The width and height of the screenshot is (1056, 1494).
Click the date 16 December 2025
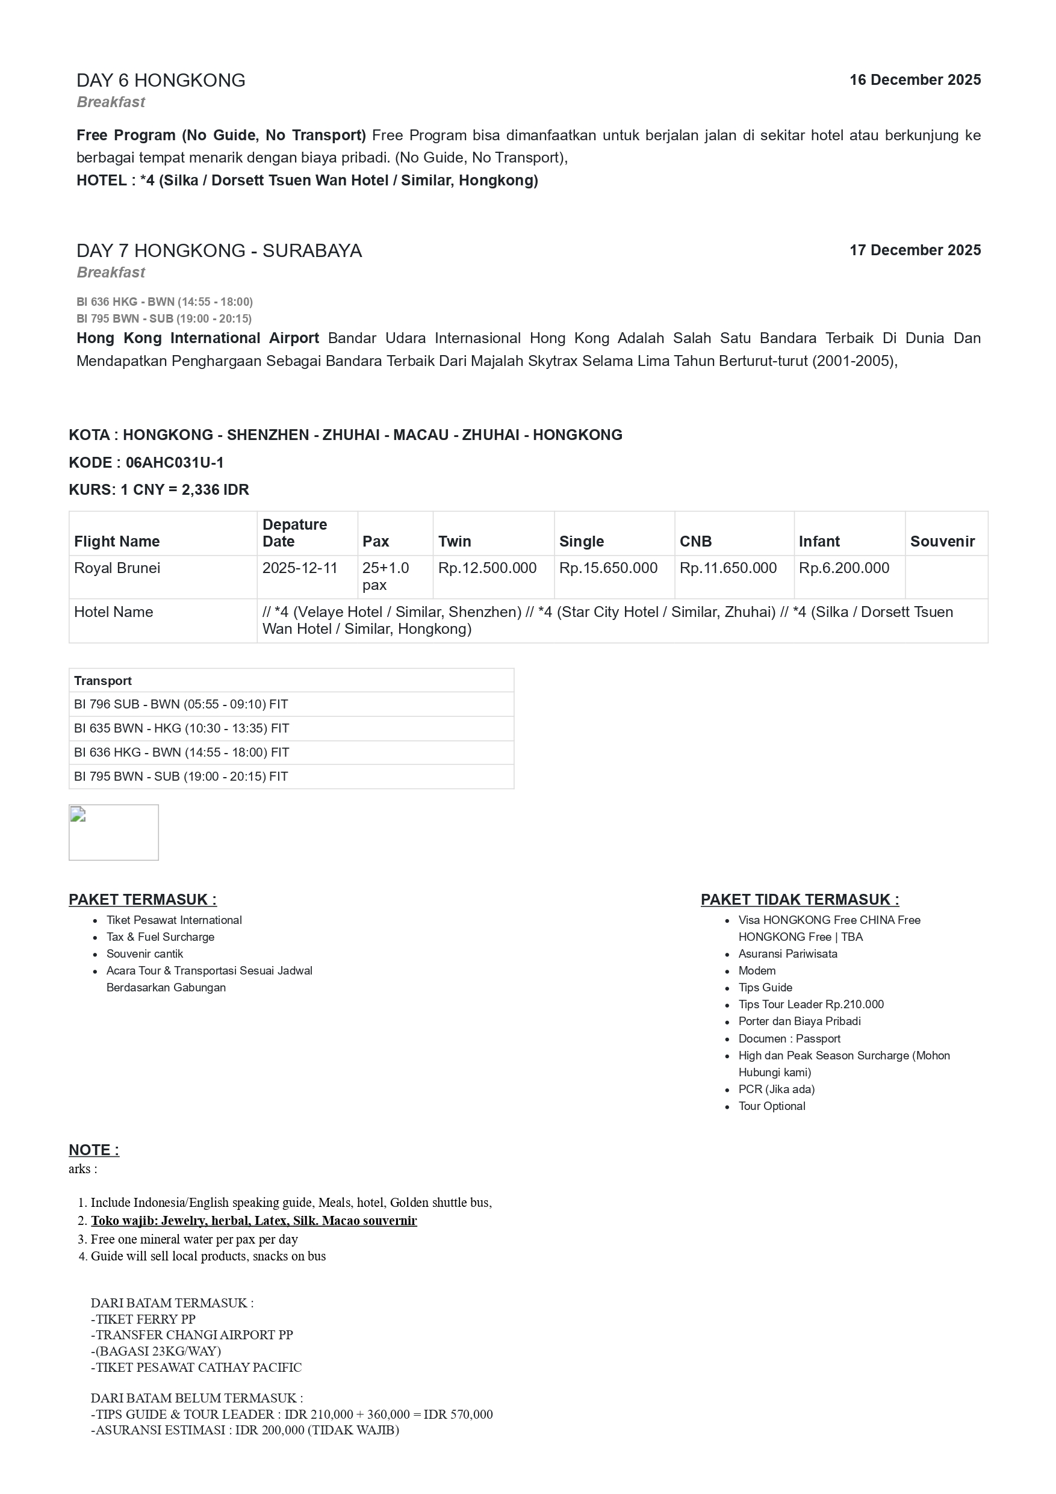click(914, 80)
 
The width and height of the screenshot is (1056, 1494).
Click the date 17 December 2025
click(914, 250)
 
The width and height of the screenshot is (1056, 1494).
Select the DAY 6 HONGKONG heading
click(161, 81)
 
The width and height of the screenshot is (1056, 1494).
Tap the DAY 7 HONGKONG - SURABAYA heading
click(219, 251)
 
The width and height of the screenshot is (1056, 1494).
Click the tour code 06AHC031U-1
click(175, 463)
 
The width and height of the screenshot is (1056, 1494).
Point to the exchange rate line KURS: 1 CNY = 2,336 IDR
click(159, 490)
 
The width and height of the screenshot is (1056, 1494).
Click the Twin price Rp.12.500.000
click(487, 568)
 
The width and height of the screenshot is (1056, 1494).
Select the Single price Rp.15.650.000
click(607, 568)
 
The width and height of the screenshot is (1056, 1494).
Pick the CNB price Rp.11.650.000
click(728, 568)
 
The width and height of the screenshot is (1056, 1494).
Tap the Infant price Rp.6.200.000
click(844, 568)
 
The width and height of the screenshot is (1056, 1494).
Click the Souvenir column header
click(942, 541)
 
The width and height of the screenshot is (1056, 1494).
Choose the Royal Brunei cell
click(117, 568)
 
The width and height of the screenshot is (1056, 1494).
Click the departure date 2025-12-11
click(300, 568)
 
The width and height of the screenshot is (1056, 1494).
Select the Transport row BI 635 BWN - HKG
click(182, 728)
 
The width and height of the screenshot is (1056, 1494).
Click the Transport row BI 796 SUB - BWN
click(181, 704)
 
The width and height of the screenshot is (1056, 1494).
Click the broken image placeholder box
click(114, 832)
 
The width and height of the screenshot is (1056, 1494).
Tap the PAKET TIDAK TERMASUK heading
click(800, 900)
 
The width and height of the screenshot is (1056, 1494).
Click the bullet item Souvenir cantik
click(145, 954)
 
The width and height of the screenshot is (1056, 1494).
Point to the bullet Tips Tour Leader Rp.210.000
click(811, 1005)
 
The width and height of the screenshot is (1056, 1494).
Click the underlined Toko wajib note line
click(253, 1221)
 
